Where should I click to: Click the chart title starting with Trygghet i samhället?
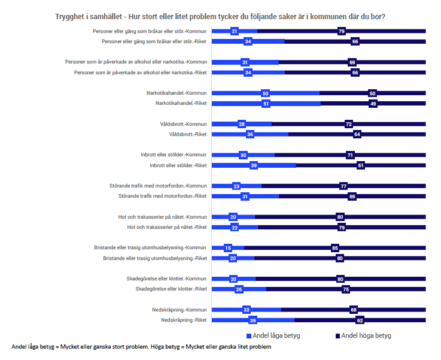click(220, 17)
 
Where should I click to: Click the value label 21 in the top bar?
click(235, 31)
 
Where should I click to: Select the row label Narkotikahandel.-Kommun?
click(177, 93)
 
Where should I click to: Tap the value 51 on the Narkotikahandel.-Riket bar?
click(266, 104)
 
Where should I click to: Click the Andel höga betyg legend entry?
click(363, 335)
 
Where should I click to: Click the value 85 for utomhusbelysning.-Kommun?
click(335, 248)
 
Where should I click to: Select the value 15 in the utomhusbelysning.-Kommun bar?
click(228, 248)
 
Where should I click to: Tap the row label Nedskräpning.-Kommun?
click(179, 310)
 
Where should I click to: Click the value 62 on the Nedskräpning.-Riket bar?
click(360, 320)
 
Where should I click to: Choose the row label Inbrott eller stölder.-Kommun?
click(175, 155)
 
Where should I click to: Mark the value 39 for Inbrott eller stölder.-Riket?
click(254, 165)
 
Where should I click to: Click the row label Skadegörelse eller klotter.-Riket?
click(171, 289)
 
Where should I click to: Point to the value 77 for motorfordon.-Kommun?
click(343, 186)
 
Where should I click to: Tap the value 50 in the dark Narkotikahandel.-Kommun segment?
click(372, 93)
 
